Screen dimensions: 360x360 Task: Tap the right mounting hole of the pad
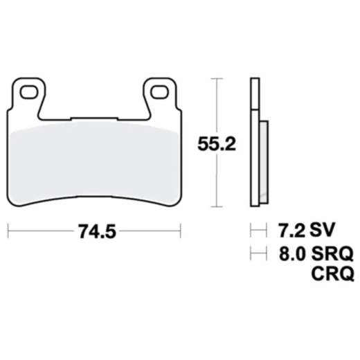click(x=159, y=91)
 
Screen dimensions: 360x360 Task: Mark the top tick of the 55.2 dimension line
click(x=219, y=78)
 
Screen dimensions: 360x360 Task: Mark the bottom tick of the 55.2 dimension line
click(x=219, y=207)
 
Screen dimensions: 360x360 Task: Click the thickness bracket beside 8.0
click(x=258, y=253)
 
